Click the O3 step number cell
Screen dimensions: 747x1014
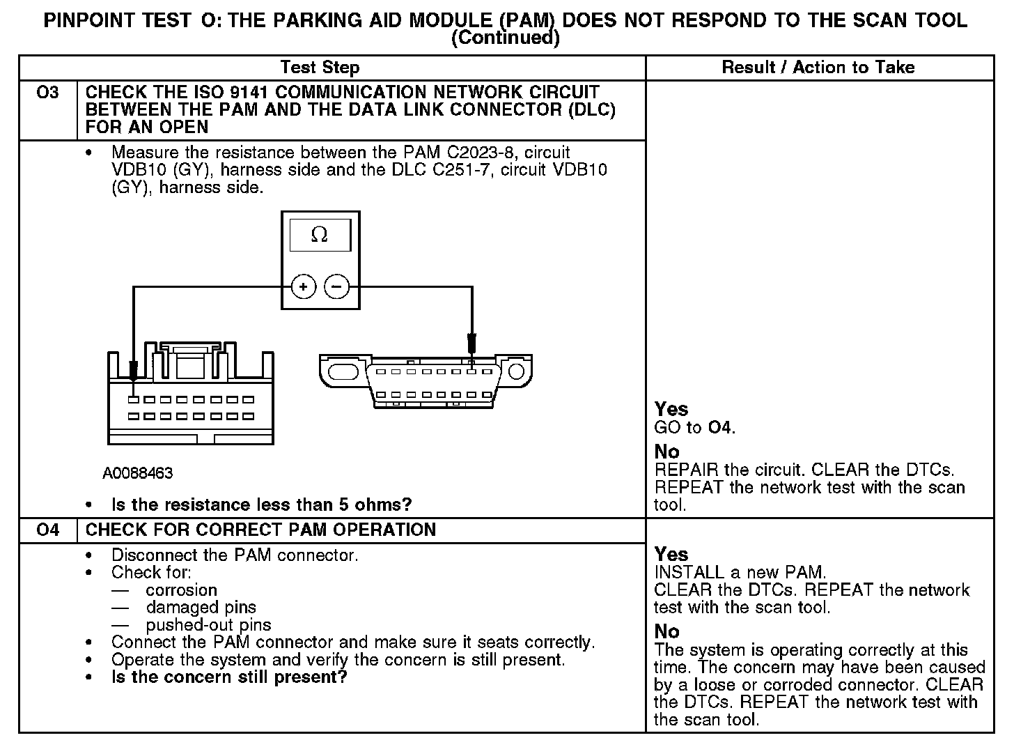coord(47,93)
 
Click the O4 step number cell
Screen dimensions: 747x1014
coord(47,530)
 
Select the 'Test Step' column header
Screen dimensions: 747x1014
coord(320,68)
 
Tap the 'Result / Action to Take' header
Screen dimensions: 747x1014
coord(818,68)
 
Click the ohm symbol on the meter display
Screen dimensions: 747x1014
coord(320,235)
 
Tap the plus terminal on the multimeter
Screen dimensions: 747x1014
coord(304,286)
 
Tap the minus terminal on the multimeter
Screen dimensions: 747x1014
coord(337,286)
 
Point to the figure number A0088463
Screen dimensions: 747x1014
coord(137,473)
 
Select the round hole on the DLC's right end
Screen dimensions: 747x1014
coord(516,371)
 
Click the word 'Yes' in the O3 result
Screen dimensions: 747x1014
coord(671,409)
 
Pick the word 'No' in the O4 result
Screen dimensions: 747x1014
coord(666,631)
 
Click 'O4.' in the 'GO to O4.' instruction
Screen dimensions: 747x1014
coord(721,428)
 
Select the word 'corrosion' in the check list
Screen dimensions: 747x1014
coord(182,590)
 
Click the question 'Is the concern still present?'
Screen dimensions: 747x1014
coord(229,677)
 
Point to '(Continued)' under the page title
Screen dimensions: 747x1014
coord(506,38)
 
